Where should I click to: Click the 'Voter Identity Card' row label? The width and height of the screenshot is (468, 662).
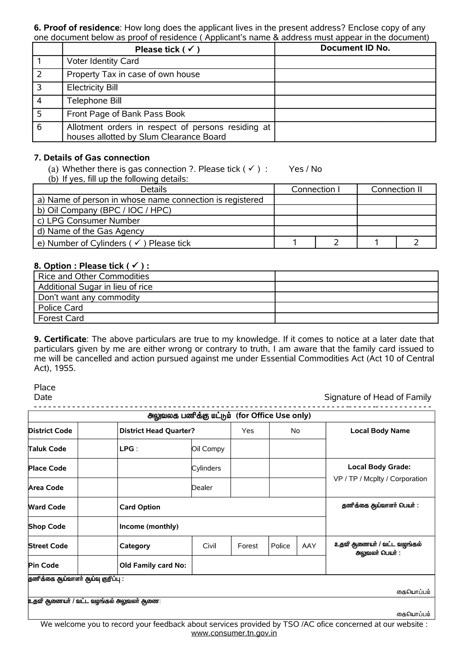(103, 61)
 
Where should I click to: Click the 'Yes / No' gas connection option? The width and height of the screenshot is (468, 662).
(305, 169)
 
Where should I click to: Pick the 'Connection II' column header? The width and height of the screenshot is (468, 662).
(396, 189)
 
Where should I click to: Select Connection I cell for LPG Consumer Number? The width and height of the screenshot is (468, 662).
(315, 221)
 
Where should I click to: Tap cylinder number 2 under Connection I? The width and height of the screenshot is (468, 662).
(336, 243)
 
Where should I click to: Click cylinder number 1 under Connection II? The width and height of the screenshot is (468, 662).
(376, 243)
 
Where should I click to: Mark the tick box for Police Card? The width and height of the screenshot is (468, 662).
(356, 308)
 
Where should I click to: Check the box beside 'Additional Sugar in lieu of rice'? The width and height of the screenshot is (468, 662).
(356, 287)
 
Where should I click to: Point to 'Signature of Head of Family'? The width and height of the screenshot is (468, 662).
(378, 397)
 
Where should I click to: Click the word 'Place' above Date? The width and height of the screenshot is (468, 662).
(45, 387)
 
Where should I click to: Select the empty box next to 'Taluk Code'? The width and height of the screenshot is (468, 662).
(98, 449)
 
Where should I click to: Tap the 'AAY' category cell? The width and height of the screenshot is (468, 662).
(309, 546)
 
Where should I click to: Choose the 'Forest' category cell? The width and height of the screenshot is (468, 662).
(248, 546)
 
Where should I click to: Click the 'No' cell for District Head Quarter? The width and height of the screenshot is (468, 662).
(295, 431)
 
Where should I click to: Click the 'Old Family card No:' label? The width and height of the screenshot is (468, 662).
(153, 565)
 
